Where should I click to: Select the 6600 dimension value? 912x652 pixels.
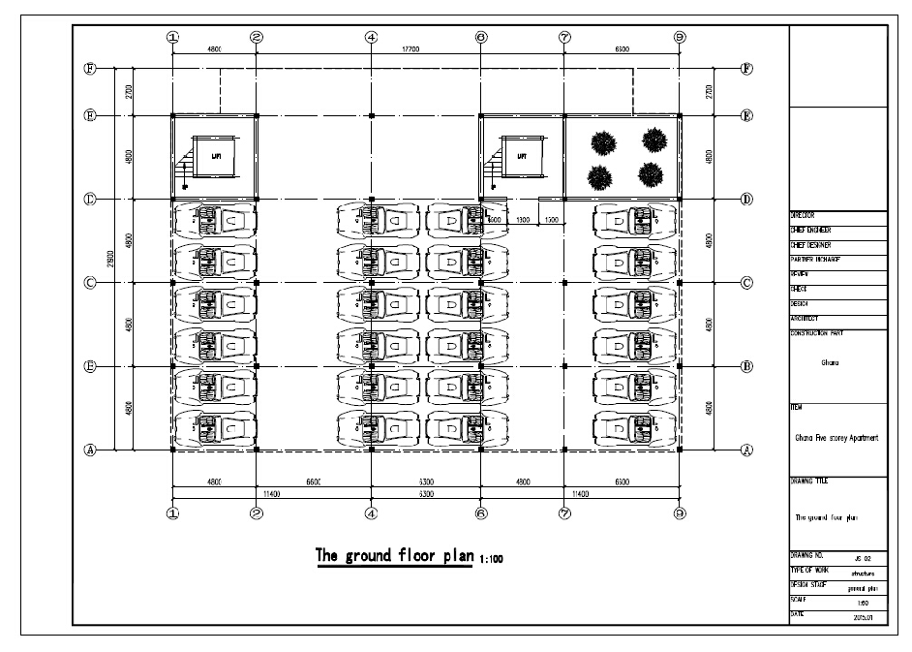(x=312, y=481)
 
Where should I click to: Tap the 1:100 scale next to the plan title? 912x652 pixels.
(x=490, y=559)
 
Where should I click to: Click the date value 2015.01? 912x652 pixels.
(x=863, y=616)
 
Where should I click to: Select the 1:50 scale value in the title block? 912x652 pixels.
(x=863, y=602)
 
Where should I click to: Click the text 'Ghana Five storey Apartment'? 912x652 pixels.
(x=836, y=438)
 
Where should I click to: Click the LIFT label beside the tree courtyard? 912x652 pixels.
(x=522, y=155)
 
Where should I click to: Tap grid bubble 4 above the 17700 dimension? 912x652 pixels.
(x=371, y=37)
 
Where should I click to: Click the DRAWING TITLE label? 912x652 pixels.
(x=809, y=481)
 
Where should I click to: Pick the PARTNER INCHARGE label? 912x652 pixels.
(x=814, y=260)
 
